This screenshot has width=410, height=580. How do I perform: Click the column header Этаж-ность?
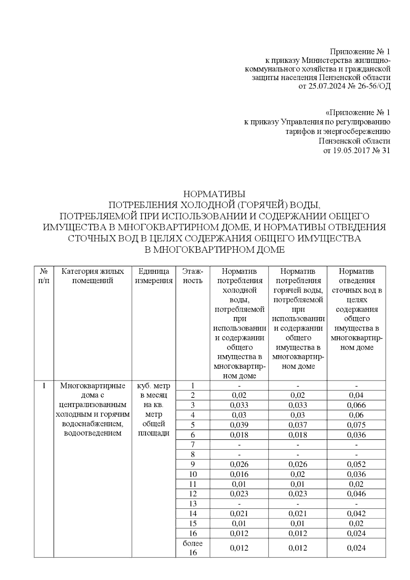[193, 276]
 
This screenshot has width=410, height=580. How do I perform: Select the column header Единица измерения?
[154, 276]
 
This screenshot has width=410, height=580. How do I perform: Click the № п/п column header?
[44, 276]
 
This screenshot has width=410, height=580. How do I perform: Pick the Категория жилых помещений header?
[93, 276]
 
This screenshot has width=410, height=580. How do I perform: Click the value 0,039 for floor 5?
[239, 425]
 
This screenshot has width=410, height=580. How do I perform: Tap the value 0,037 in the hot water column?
[298, 425]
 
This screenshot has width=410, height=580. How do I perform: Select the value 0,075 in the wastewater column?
[356, 425]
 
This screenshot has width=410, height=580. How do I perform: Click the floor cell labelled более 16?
[193, 548]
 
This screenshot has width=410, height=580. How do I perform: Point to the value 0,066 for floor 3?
[356, 405]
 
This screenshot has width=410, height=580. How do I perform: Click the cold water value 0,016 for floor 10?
[239, 474]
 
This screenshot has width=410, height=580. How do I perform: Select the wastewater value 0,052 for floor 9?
[356, 464]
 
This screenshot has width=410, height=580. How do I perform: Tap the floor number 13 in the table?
[193, 503]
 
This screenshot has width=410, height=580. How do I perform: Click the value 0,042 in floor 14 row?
[356, 513]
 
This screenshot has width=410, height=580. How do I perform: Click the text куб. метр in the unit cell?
[154, 386]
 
